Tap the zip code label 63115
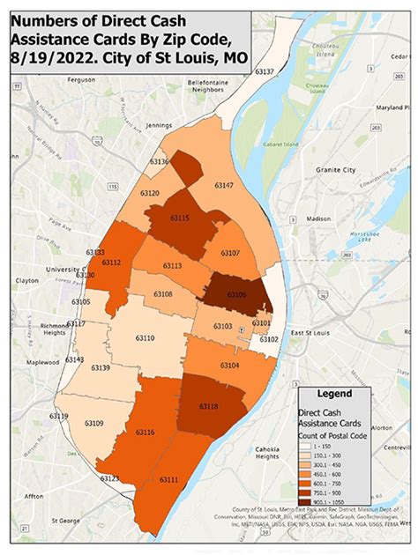(x=180, y=218)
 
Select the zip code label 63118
(x=210, y=406)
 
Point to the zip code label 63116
(x=146, y=432)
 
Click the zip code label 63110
(x=144, y=338)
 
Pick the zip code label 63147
(x=223, y=186)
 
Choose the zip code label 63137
(x=265, y=71)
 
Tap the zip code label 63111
(x=168, y=479)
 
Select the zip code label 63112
(x=112, y=262)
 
